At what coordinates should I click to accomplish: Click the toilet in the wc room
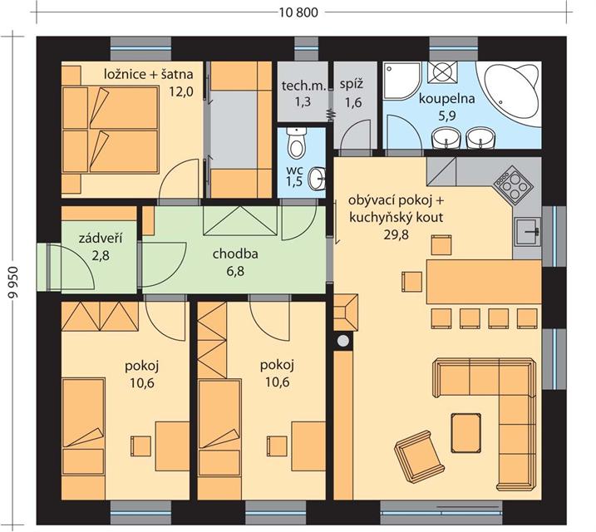click(296, 143)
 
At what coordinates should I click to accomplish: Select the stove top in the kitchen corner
click(513, 186)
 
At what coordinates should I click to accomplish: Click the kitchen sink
click(528, 232)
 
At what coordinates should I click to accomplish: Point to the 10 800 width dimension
click(298, 12)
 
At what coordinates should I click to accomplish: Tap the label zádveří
click(101, 239)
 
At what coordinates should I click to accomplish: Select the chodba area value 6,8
click(235, 271)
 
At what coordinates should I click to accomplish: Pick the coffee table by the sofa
click(465, 433)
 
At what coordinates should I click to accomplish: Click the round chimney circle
click(343, 341)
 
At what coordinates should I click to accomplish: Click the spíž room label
click(352, 84)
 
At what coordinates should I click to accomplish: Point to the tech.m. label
click(303, 86)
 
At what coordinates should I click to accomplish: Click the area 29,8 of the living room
click(396, 235)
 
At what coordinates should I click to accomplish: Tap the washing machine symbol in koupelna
click(441, 72)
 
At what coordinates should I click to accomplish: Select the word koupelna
click(447, 98)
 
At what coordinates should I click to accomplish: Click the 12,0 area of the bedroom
click(182, 91)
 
